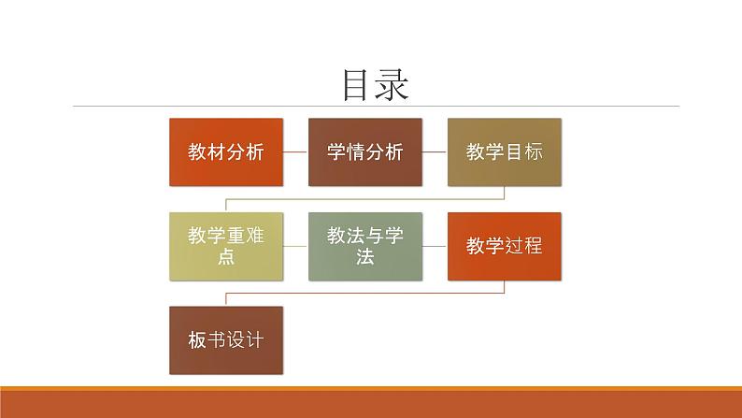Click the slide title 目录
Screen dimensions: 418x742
pos(375,85)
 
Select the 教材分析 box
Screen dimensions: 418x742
pos(225,151)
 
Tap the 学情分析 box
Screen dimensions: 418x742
pos(364,151)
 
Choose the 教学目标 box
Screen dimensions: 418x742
pos(505,151)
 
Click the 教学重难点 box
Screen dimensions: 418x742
pos(225,246)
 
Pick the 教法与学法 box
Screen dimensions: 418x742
pos(364,246)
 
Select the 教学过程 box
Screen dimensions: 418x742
pos(505,246)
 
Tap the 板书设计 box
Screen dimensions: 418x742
pos(225,340)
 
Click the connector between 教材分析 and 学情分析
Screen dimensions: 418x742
pos(295,151)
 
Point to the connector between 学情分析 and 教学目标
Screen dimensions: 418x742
pos(435,151)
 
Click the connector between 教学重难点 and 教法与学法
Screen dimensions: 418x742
pos(295,246)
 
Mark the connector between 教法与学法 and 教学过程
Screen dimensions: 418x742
pos(435,246)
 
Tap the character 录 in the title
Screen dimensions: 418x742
pos(392,85)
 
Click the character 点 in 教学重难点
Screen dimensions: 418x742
pos(225,257)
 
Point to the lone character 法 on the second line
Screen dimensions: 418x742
pos(364,257)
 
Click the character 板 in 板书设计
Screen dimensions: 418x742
pos(196,340)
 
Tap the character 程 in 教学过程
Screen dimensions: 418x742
pos(533,246)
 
